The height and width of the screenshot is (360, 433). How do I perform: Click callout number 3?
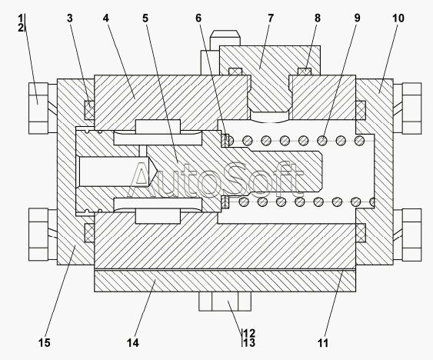tap(70, 18)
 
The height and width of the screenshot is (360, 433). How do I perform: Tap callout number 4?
tap(106, 18)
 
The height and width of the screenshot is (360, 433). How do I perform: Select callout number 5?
tap(145, 18)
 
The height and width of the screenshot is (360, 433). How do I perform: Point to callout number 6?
tap(198, 18)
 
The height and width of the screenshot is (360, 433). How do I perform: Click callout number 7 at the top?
tap(271, 18)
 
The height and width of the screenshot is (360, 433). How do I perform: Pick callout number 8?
tap(318, 18)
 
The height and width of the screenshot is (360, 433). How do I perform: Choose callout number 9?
tap(358, 18)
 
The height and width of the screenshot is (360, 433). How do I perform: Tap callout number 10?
tap(398, 18)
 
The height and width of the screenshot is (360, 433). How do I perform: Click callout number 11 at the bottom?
tap(323, 343)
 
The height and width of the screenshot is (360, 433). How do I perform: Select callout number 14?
tap(133, 343)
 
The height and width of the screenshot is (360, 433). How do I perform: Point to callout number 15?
tap(44, 343)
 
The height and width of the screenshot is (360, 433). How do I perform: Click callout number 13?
tap(249, 343)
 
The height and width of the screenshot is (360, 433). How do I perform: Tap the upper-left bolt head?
tap(38, 108)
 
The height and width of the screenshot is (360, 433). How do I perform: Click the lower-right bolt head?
tap(411, 235)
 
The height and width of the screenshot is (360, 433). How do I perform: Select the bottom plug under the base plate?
tap(225, 302)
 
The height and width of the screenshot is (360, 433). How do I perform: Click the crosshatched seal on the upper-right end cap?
tap(361, 110)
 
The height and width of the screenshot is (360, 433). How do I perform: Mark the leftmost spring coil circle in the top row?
tap(229, 141)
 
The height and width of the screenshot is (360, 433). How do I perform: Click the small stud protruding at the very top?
tap(225, 38)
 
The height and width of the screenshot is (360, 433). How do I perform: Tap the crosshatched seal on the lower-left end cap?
tap(89, 232)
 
